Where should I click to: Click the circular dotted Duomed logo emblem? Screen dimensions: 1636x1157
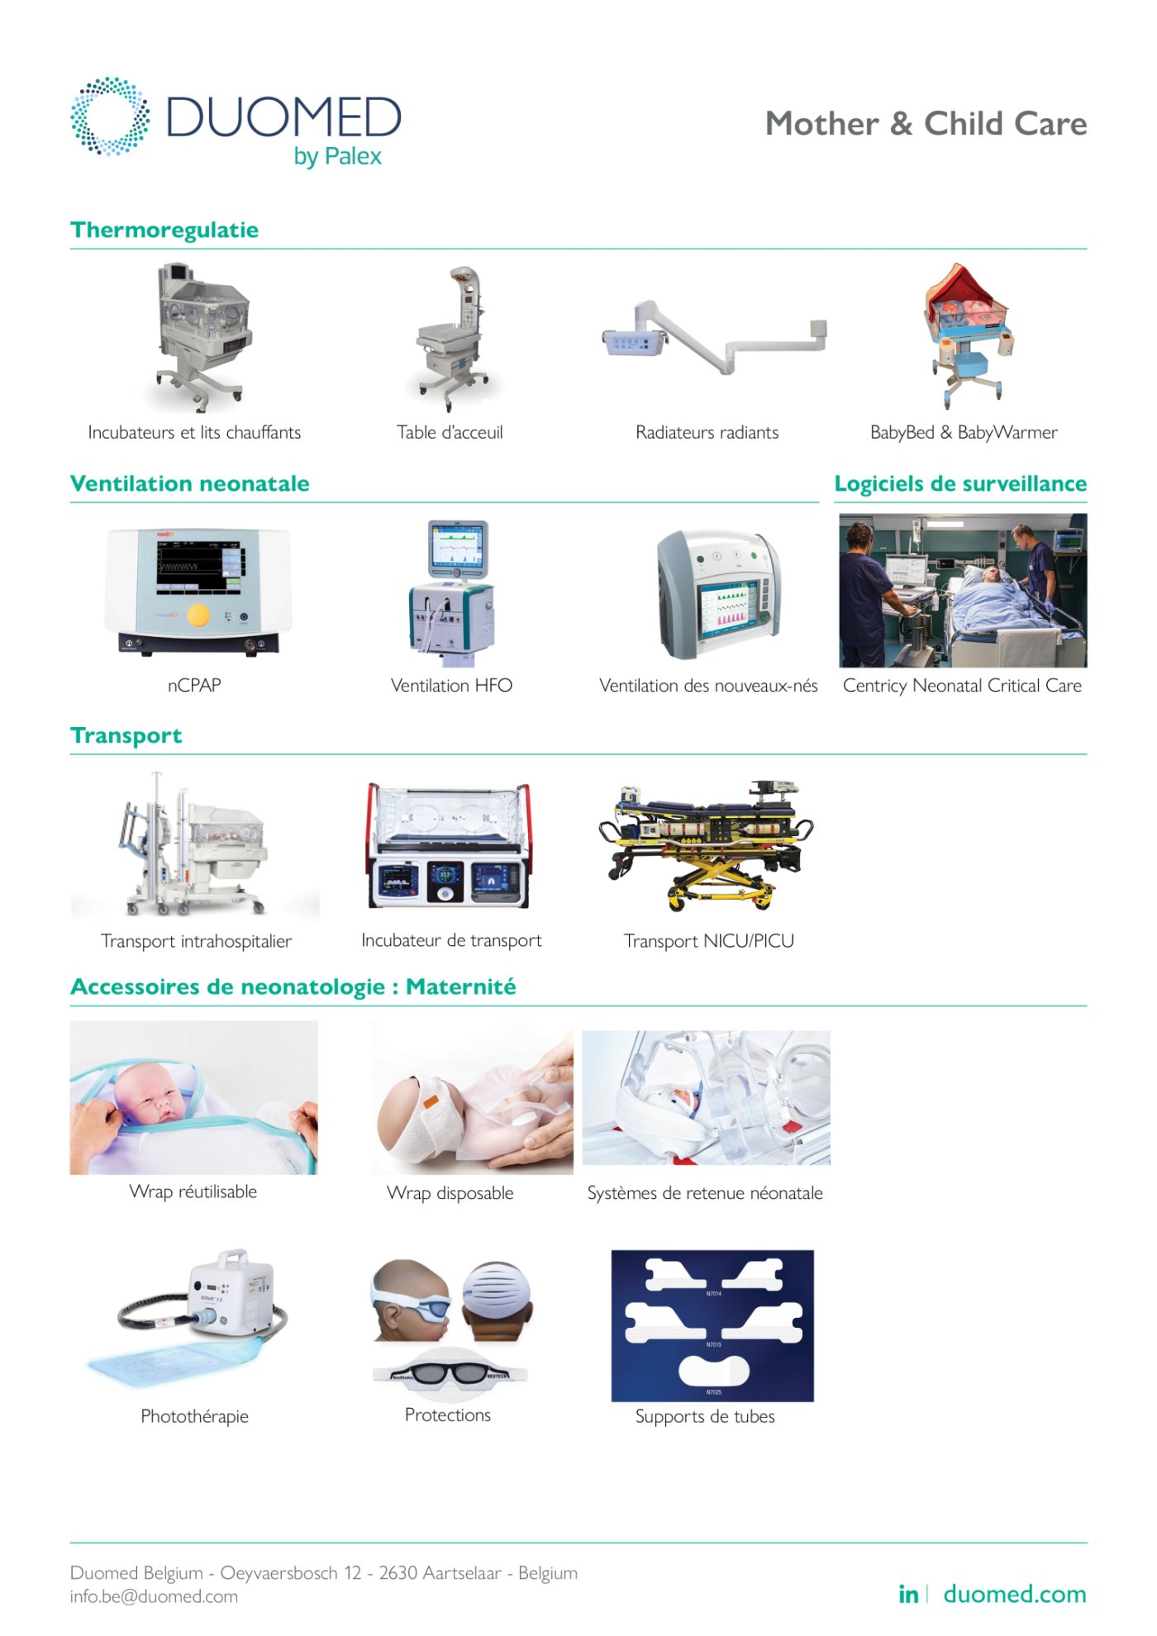click(110, 117)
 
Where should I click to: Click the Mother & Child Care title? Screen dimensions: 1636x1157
click(926, 124)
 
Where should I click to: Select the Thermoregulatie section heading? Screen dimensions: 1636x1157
click(164, 230)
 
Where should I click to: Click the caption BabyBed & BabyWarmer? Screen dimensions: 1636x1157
click(964, 432)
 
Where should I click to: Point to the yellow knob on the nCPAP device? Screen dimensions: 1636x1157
click(198, 615)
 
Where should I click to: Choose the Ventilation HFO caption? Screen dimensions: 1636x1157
click(451, 686)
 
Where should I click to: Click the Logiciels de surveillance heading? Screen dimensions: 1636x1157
click(960, 483)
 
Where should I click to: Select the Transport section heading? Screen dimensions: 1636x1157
click(126, 735)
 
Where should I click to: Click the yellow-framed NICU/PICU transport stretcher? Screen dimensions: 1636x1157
click(707, 843)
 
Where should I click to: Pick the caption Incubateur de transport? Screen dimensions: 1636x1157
click(451, 940)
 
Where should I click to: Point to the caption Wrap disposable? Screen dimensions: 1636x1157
click(450, 1193)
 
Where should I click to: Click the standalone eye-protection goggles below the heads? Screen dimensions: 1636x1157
click(450, 1373)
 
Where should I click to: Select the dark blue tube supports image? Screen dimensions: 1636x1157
click(712, 1325)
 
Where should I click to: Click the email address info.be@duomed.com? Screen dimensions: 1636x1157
click(154, 1596)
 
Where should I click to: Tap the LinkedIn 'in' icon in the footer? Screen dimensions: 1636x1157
click(907, 1595)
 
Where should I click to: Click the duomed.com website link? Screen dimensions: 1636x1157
click(1015, 1594)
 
